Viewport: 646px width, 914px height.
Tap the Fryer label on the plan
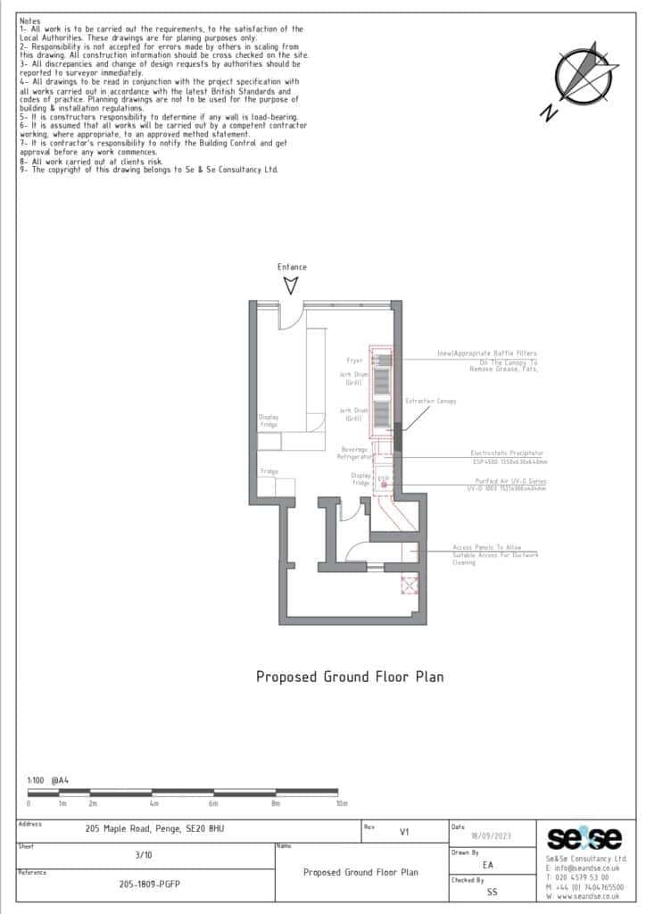355,361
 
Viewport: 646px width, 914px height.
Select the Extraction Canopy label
430,402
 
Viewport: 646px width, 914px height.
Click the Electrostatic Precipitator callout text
507,453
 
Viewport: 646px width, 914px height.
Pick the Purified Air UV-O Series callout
505,482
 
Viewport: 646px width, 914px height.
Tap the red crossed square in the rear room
410,586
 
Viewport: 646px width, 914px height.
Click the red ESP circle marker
384,485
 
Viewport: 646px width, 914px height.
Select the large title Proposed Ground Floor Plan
350,677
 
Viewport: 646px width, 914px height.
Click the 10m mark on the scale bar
341,803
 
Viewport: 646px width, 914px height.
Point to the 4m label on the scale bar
153,803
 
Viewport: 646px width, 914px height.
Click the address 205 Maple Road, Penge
155,829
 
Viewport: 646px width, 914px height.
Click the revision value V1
403,831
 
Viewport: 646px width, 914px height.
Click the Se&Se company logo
584,839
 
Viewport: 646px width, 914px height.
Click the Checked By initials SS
492,891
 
